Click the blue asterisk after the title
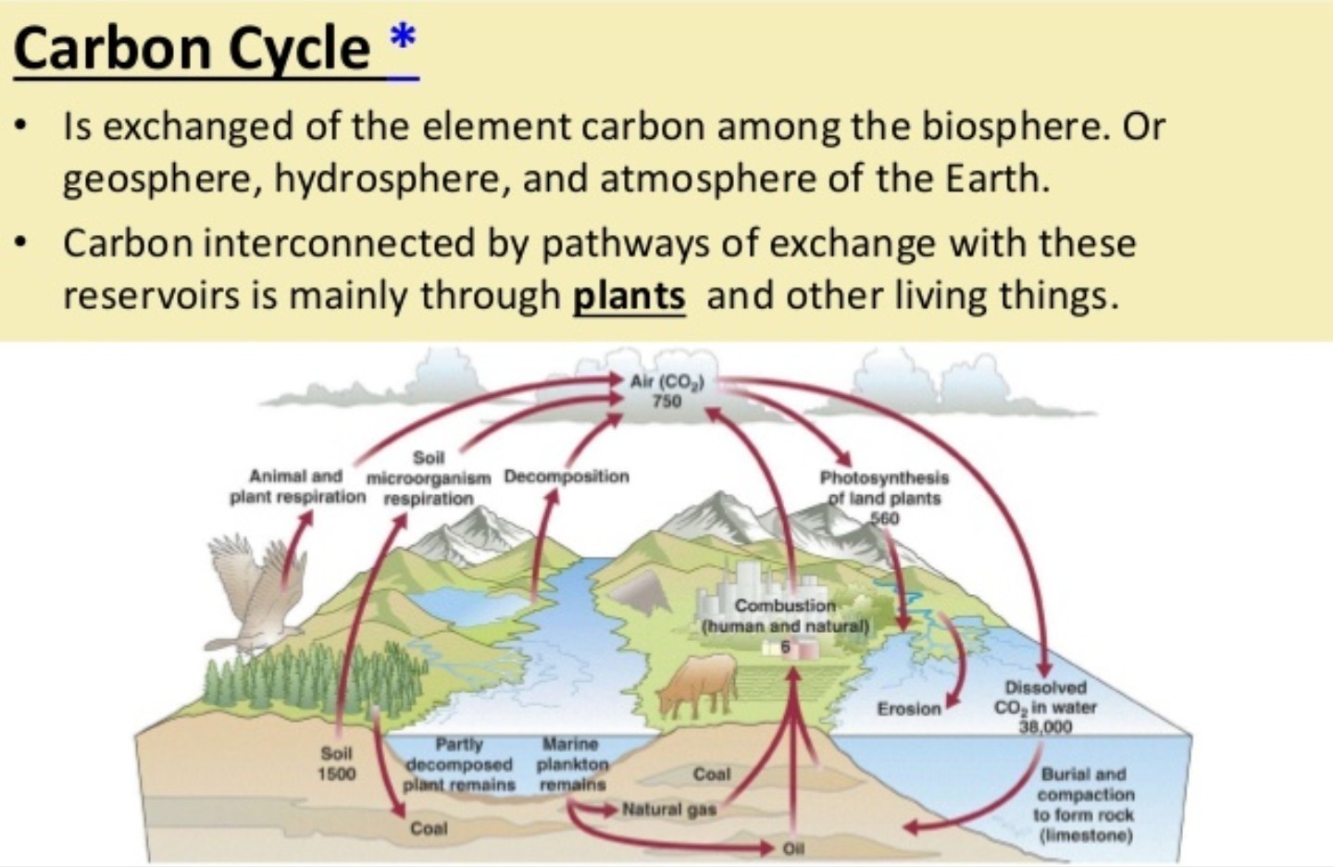point(403,38)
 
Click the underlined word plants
point(629,295)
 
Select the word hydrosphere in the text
point(387,180)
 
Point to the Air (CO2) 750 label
point(667,391)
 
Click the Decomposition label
point(567,477)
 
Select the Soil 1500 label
point(337,763)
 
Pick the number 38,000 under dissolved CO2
point(1045,726)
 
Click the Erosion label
point(909,709)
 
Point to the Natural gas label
point(669,810)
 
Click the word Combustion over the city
point(786,605)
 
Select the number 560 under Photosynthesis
point(885,518)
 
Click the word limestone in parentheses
point(1086,836)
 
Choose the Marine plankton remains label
point(572,764)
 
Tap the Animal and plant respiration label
point(297,487)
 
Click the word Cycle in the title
point(300,50)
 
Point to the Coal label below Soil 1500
point(429,828)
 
